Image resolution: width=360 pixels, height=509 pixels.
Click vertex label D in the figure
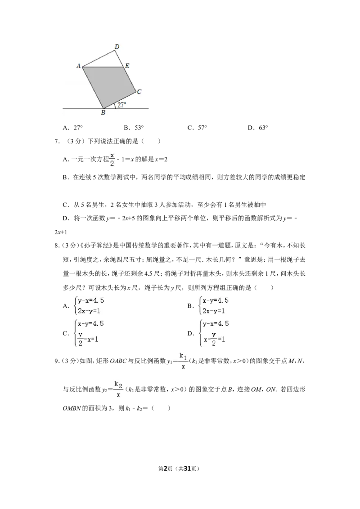point(117,47)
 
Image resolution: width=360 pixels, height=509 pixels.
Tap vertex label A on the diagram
point(78,66)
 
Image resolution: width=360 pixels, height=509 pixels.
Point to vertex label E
point(127,66)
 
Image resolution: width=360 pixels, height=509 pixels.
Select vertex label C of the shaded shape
point(139,92)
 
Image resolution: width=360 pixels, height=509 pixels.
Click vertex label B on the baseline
point(103,113)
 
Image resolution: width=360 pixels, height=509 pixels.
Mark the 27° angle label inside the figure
point(121,105)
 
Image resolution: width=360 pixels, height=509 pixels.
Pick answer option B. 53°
point(134,128)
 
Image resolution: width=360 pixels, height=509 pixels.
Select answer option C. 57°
point(197,128)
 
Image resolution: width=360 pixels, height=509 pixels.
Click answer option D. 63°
point(258,128)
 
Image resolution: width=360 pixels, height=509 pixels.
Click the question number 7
point(57,141)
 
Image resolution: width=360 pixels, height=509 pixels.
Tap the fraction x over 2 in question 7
point(112,159)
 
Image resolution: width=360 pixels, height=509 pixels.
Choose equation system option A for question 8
point(84,305)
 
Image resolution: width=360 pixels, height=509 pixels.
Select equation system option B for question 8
point(208,305)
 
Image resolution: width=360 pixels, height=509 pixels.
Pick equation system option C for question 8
point(84,333)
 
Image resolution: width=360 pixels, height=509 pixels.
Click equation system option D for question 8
point(208,333)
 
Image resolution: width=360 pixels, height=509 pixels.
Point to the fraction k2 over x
point(118,389)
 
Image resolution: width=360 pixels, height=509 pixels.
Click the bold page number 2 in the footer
point(165,469)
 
